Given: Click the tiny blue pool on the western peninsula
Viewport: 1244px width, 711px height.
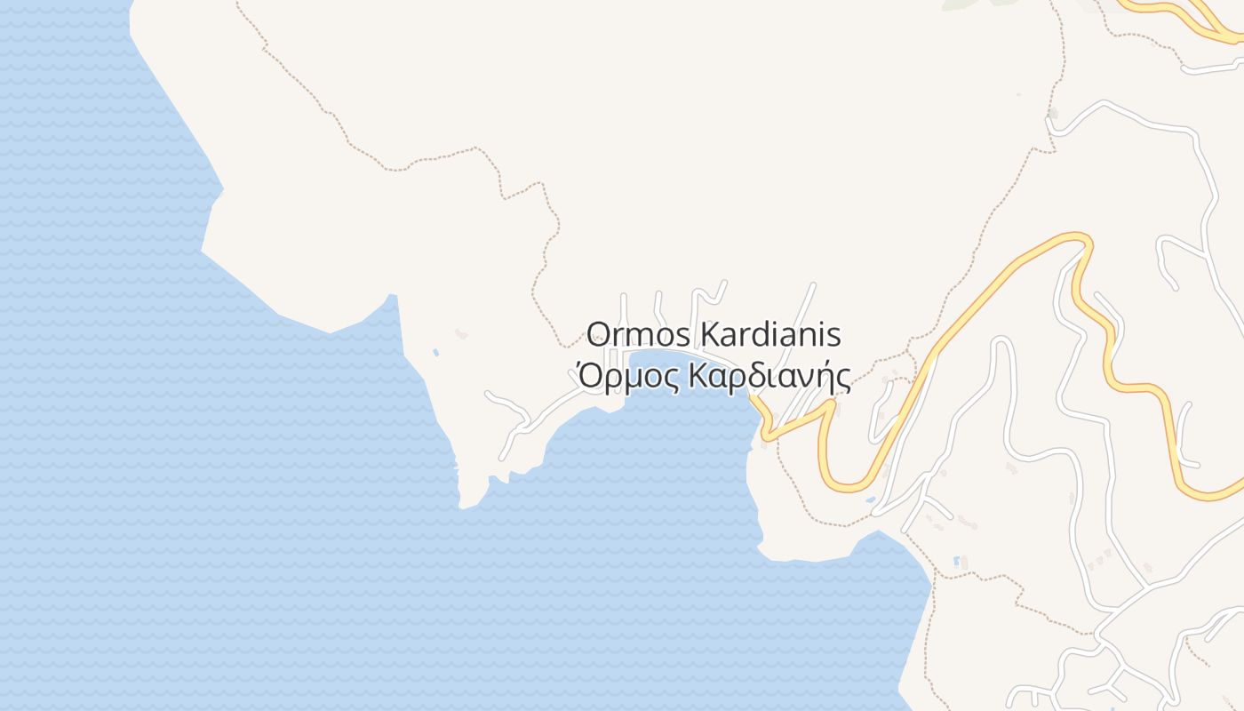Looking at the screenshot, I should coord(435,353).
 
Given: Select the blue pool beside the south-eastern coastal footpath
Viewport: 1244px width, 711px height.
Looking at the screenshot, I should coord(955,562).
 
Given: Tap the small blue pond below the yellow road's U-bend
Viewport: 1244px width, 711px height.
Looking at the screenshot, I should coord(871,500).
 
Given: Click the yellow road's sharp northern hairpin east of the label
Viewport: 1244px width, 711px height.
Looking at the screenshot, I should coord(1080,237).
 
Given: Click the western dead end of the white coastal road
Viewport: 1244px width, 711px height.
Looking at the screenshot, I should coord(488,393).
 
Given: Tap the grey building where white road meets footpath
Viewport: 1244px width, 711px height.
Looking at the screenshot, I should coord(1053,114).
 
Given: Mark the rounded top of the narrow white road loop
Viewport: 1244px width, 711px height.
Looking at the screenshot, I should coord(1001,341).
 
